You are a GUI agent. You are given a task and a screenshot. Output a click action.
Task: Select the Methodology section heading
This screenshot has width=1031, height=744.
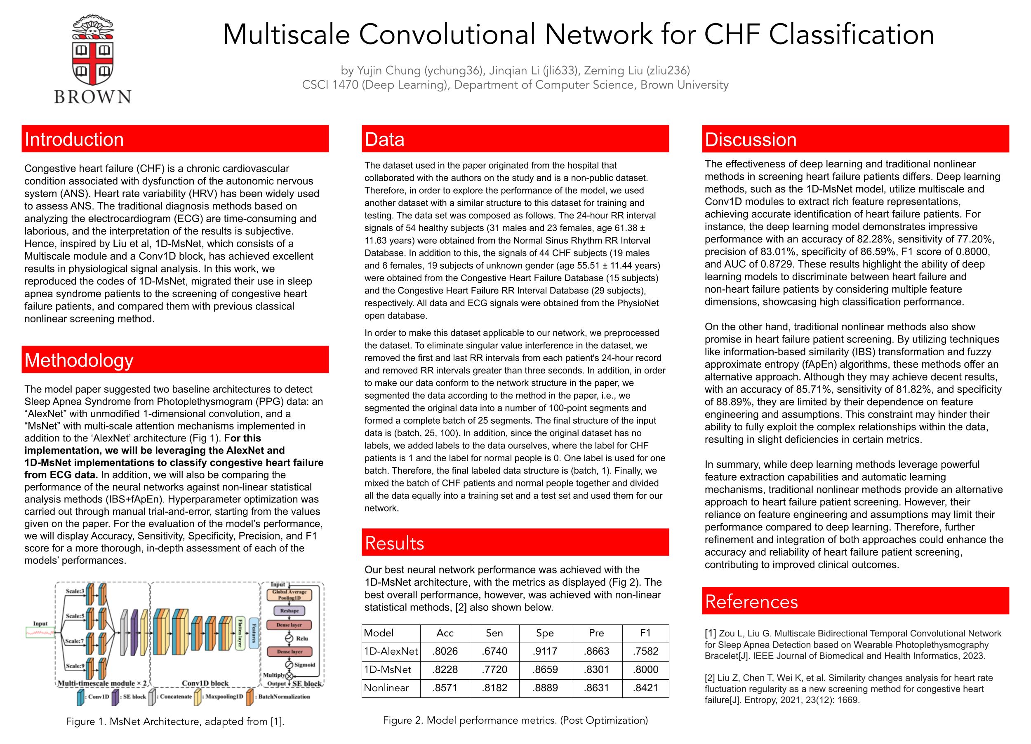(79, 360)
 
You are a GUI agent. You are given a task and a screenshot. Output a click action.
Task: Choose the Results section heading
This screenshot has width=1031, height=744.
(395, 543)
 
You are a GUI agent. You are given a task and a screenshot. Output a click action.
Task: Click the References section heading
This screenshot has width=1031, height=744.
(751, 602)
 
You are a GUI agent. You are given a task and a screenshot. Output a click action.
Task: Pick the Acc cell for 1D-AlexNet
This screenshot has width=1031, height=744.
(445, 651)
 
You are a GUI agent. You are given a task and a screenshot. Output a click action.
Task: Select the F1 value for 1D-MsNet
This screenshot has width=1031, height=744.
(645, 669)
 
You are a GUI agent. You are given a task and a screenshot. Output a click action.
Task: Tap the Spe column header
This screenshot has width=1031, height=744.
(545, 633)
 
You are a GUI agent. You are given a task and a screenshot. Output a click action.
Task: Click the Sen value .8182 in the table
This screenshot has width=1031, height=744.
(494, 688)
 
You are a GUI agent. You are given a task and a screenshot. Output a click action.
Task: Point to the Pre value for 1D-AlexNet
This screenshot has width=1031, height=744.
(596, 651)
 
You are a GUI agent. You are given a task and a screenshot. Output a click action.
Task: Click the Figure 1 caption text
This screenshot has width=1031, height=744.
(175, 721)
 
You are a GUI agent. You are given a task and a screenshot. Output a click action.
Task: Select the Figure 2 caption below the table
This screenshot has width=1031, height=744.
(515, 720)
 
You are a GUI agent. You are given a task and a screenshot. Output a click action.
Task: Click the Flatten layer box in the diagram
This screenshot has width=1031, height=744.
(240, 632)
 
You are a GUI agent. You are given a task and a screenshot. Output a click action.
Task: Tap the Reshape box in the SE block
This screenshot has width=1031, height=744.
(289, 611)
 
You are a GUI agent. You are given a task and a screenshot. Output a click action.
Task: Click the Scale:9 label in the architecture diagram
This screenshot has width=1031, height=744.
(75, 666)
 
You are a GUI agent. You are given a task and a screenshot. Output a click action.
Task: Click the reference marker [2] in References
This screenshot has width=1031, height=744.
(710, 678)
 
